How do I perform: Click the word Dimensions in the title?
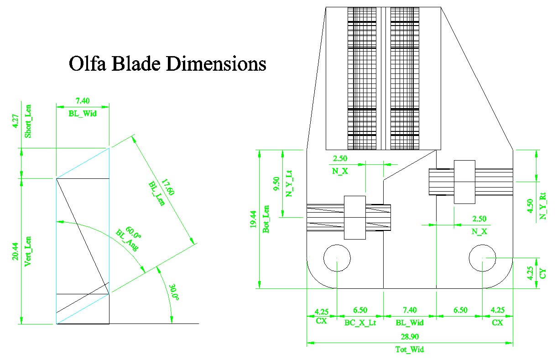coord(216,64)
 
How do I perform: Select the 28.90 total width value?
coord(409,338)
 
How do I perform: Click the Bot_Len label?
coord(266,220)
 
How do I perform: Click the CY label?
coord(542,274)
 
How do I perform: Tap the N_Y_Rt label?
coord(542,206)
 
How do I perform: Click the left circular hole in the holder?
coord(337,258)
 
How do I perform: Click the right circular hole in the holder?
coord(483,258)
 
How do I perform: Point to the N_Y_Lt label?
coord(288,183)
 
